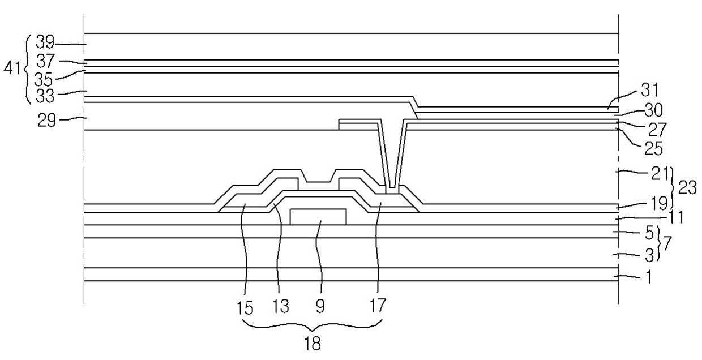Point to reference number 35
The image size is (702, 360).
(x=44, y=77)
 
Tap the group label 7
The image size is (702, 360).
(x=668, y=243)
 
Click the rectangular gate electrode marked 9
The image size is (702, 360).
(x=318, y=216)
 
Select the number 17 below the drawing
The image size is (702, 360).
(x=378, y=307)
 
